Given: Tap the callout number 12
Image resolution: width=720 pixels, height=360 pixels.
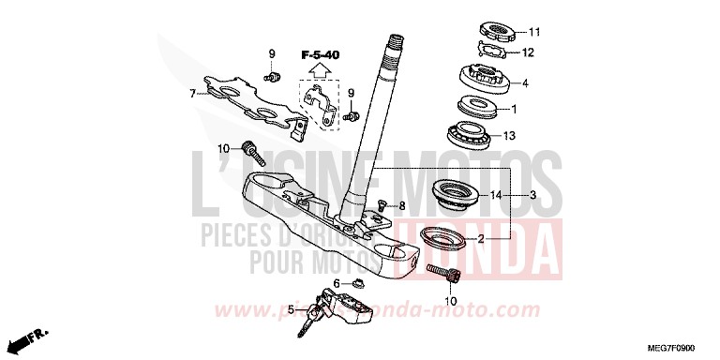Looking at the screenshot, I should point(528,52).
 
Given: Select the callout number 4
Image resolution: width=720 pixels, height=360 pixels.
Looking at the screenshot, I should point(526,83).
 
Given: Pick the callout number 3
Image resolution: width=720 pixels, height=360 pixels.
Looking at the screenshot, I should point(532,195).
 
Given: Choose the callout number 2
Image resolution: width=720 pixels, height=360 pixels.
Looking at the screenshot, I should point(481,239).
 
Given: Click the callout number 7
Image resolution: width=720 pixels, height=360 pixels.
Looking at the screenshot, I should point(191,94).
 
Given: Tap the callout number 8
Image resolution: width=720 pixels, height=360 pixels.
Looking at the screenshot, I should point(401,205).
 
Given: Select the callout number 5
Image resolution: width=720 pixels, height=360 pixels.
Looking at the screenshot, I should point(291,309).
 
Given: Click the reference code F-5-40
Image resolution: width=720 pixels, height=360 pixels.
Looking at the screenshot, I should point(321,55).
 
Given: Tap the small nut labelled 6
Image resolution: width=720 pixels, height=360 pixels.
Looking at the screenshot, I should point(355,284).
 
